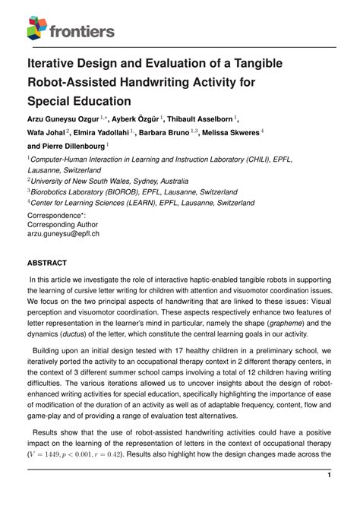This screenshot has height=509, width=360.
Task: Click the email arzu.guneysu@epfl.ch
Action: [x=63, y=235]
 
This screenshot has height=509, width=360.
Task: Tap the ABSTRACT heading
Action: [x=47, y=263]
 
